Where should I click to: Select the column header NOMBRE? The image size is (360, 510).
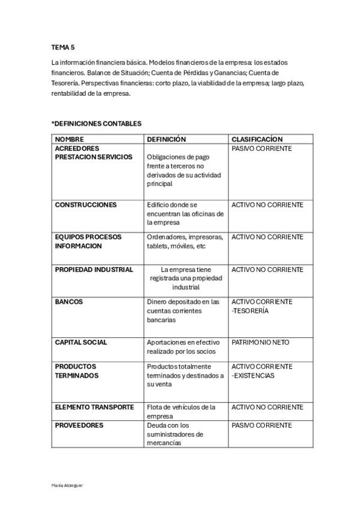[x=69, y=140]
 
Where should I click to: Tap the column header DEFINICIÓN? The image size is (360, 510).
[x=166, y=140]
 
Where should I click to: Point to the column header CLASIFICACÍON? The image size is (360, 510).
[x=257, y=140]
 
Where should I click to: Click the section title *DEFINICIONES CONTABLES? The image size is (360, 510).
[x=96, y=124]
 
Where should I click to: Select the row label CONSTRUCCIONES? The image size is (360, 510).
[x=85, y=205]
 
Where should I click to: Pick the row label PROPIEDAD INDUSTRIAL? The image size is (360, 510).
[x=94, y=269]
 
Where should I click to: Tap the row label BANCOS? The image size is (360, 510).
[x=69, y=302]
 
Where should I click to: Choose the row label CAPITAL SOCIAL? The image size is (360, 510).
[x=81, y=342]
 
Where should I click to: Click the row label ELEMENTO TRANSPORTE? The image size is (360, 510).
[x=94, y=407]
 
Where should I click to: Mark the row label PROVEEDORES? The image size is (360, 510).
[x=79, y=425]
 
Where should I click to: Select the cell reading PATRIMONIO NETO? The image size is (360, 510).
[x=260, y=342]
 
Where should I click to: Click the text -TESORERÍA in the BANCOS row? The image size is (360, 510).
[x=250, y=311]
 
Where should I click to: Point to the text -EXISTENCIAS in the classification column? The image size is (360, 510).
[x=252, y=375]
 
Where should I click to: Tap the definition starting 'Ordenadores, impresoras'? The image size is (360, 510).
[x=185, y=241]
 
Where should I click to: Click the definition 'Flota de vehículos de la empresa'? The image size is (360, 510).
[x=181, y=411]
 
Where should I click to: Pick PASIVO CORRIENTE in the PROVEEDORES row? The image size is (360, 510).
[x=261, y=425]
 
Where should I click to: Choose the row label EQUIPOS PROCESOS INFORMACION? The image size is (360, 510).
[x=88, y=241]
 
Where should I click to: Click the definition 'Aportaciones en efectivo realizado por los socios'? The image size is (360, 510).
[x=183, y=346]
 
